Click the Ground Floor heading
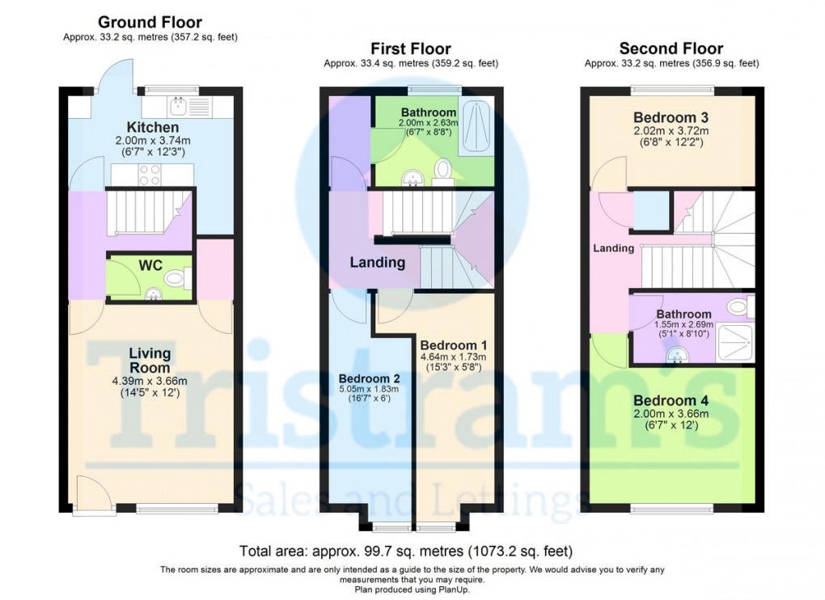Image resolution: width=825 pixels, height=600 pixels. (150, 22)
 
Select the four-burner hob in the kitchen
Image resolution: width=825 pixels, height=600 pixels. (150, 175)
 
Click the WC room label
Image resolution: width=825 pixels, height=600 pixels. (150, 265)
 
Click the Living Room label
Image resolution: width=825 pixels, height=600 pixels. (150, 360)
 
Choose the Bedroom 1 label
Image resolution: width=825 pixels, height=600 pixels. (454, 345)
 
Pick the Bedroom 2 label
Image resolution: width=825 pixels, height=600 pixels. (370, 378)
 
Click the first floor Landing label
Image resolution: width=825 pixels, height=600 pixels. (378, 263)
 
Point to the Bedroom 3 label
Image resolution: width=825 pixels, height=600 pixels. (671, 117)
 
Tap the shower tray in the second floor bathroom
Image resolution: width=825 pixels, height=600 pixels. (735, 343)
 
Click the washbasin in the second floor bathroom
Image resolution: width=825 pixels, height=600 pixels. (678, 356)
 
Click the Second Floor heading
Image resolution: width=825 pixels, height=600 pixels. (671, 49)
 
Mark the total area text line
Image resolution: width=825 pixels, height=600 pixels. (406, 551)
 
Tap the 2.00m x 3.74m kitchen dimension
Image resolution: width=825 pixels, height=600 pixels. (153, 141)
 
